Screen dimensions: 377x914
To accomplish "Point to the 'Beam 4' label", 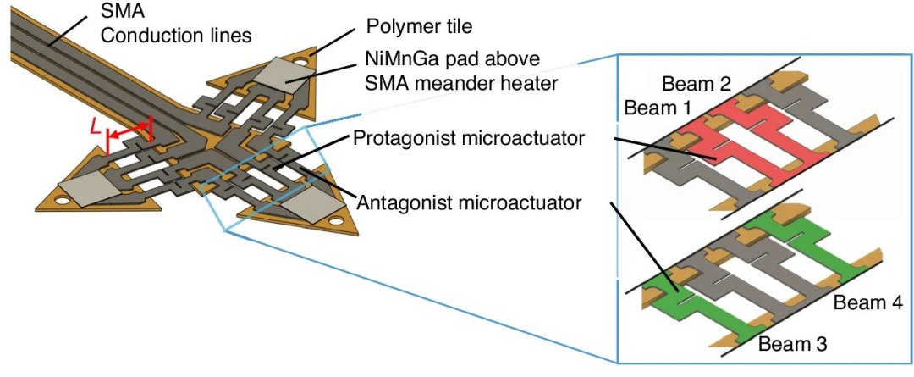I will pos(868,302).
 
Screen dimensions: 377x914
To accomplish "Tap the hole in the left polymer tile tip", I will pos(62,200).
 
